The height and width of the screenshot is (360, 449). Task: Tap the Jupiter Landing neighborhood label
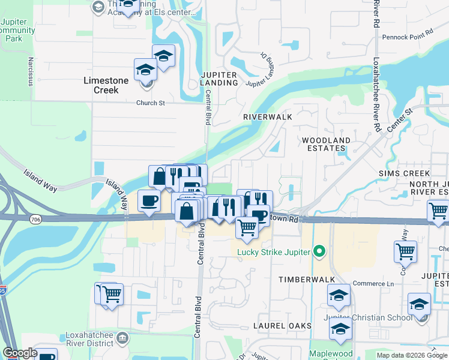click(x=219, y=78)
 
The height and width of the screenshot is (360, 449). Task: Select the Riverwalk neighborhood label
click(x=267, y=117)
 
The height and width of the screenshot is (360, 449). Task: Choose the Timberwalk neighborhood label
click(x=302, y=280)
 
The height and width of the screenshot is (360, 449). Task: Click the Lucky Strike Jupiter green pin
click(x=320, y=251)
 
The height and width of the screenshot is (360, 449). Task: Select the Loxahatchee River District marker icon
click(x=122, y=338)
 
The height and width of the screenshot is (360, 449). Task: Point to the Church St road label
click(x=150, y=103)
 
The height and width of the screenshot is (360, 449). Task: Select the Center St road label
click(x=400, y=121)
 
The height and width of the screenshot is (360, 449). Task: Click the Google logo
click(x=20, y=353)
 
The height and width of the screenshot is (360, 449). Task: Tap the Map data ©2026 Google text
click(x=411, y=355)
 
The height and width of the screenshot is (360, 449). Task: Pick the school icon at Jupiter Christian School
click(x=419, y=304)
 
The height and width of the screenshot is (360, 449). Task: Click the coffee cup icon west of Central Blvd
click(x=149, y=201)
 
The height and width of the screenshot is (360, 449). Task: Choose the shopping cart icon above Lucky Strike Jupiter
click(x=247, y=227)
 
